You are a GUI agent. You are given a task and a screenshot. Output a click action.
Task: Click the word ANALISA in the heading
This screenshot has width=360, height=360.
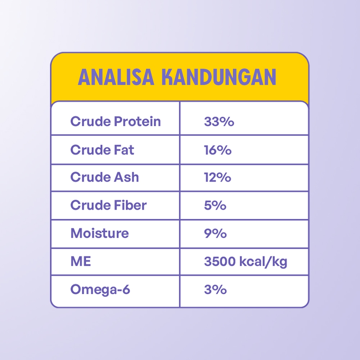(116, 77)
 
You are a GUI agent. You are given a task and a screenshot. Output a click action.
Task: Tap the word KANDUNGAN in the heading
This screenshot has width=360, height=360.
(219, 77)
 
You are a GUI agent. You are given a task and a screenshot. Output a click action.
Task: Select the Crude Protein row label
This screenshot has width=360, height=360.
(116, 121)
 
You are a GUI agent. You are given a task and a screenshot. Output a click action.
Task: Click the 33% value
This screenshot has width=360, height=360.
(219, 121)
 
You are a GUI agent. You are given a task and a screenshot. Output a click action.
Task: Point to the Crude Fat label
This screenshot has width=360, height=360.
(102, 150)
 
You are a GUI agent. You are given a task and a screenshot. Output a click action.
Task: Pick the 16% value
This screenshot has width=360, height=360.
(218, 150)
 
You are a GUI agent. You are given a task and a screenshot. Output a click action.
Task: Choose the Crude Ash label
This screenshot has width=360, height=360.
(105, 177)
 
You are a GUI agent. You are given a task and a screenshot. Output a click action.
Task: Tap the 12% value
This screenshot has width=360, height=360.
(217, 177)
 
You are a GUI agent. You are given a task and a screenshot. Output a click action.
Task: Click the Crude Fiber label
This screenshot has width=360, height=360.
(108, 205)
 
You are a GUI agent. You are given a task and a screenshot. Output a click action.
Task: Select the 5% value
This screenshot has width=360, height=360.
(215, 205)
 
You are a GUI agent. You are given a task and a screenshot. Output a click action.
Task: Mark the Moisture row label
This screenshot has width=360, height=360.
(100, 233)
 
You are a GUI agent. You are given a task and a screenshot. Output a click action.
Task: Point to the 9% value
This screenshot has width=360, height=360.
(215, 234)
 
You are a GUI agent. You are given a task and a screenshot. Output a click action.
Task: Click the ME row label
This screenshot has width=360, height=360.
(81, 261)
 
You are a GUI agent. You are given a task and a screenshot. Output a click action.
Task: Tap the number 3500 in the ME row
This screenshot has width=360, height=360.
(220, 261)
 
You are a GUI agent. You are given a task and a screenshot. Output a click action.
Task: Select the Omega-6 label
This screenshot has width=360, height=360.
(100, 289)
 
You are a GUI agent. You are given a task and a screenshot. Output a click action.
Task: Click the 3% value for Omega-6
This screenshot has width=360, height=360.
(215, 289)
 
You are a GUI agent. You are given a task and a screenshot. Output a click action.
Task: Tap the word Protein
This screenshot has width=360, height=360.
(137, 121)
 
